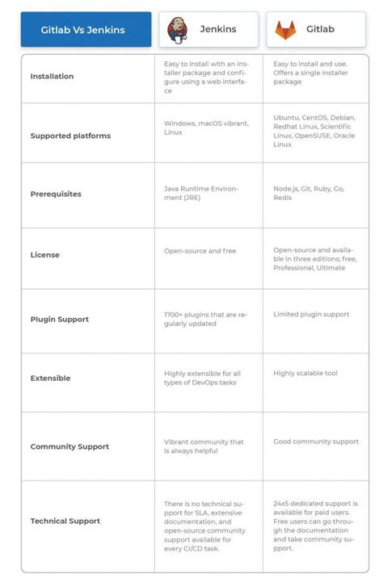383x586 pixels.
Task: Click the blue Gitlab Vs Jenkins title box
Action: [82, 30]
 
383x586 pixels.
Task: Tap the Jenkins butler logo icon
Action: [178, 30]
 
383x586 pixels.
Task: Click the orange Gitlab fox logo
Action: [285, 30]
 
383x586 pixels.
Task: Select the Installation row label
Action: [52, 77]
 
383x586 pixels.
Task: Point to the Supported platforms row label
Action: [70, 136]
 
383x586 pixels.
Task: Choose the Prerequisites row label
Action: [56, 194]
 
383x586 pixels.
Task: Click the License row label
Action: [44, 255]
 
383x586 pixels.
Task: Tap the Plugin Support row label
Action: [59, 319]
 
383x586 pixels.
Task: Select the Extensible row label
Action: [50, 378]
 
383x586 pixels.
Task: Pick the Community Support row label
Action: [69, 446]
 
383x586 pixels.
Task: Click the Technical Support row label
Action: [65, 521]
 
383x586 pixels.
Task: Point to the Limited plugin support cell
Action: [311, 313]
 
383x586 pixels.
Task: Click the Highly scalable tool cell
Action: [305, 373]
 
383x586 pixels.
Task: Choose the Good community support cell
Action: [315, 442]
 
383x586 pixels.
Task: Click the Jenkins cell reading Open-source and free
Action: [200, 251]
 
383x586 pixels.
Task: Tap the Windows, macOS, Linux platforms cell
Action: [206, 128]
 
